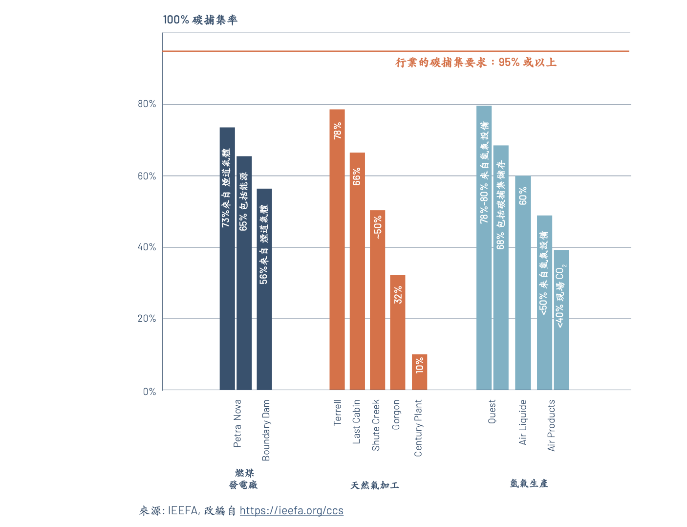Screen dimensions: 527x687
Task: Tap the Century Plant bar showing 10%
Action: (x=419, y=372)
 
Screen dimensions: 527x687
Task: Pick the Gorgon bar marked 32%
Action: (x=398, y=332)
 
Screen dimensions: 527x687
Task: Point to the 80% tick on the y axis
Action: (x=147, y=104)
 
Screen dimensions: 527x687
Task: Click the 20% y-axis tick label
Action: (x=147, y=319)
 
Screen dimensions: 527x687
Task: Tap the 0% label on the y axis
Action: (x=150, y=392)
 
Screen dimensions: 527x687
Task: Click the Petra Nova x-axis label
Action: (x=237, y=423)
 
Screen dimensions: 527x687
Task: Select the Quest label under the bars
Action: (x=492, y=412)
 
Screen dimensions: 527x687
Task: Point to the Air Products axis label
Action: (x=552, y=425)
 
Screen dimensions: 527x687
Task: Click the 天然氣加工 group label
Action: (x=375, y=485)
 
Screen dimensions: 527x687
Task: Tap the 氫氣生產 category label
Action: (x=529, y=483)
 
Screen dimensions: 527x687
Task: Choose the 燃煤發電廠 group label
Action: (x=243, y=479)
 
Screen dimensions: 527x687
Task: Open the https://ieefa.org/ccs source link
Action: (x=291, y=511)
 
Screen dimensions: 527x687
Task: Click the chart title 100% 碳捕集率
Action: (x=200, y=20)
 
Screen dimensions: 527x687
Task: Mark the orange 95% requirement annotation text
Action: (x=475, y=63)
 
